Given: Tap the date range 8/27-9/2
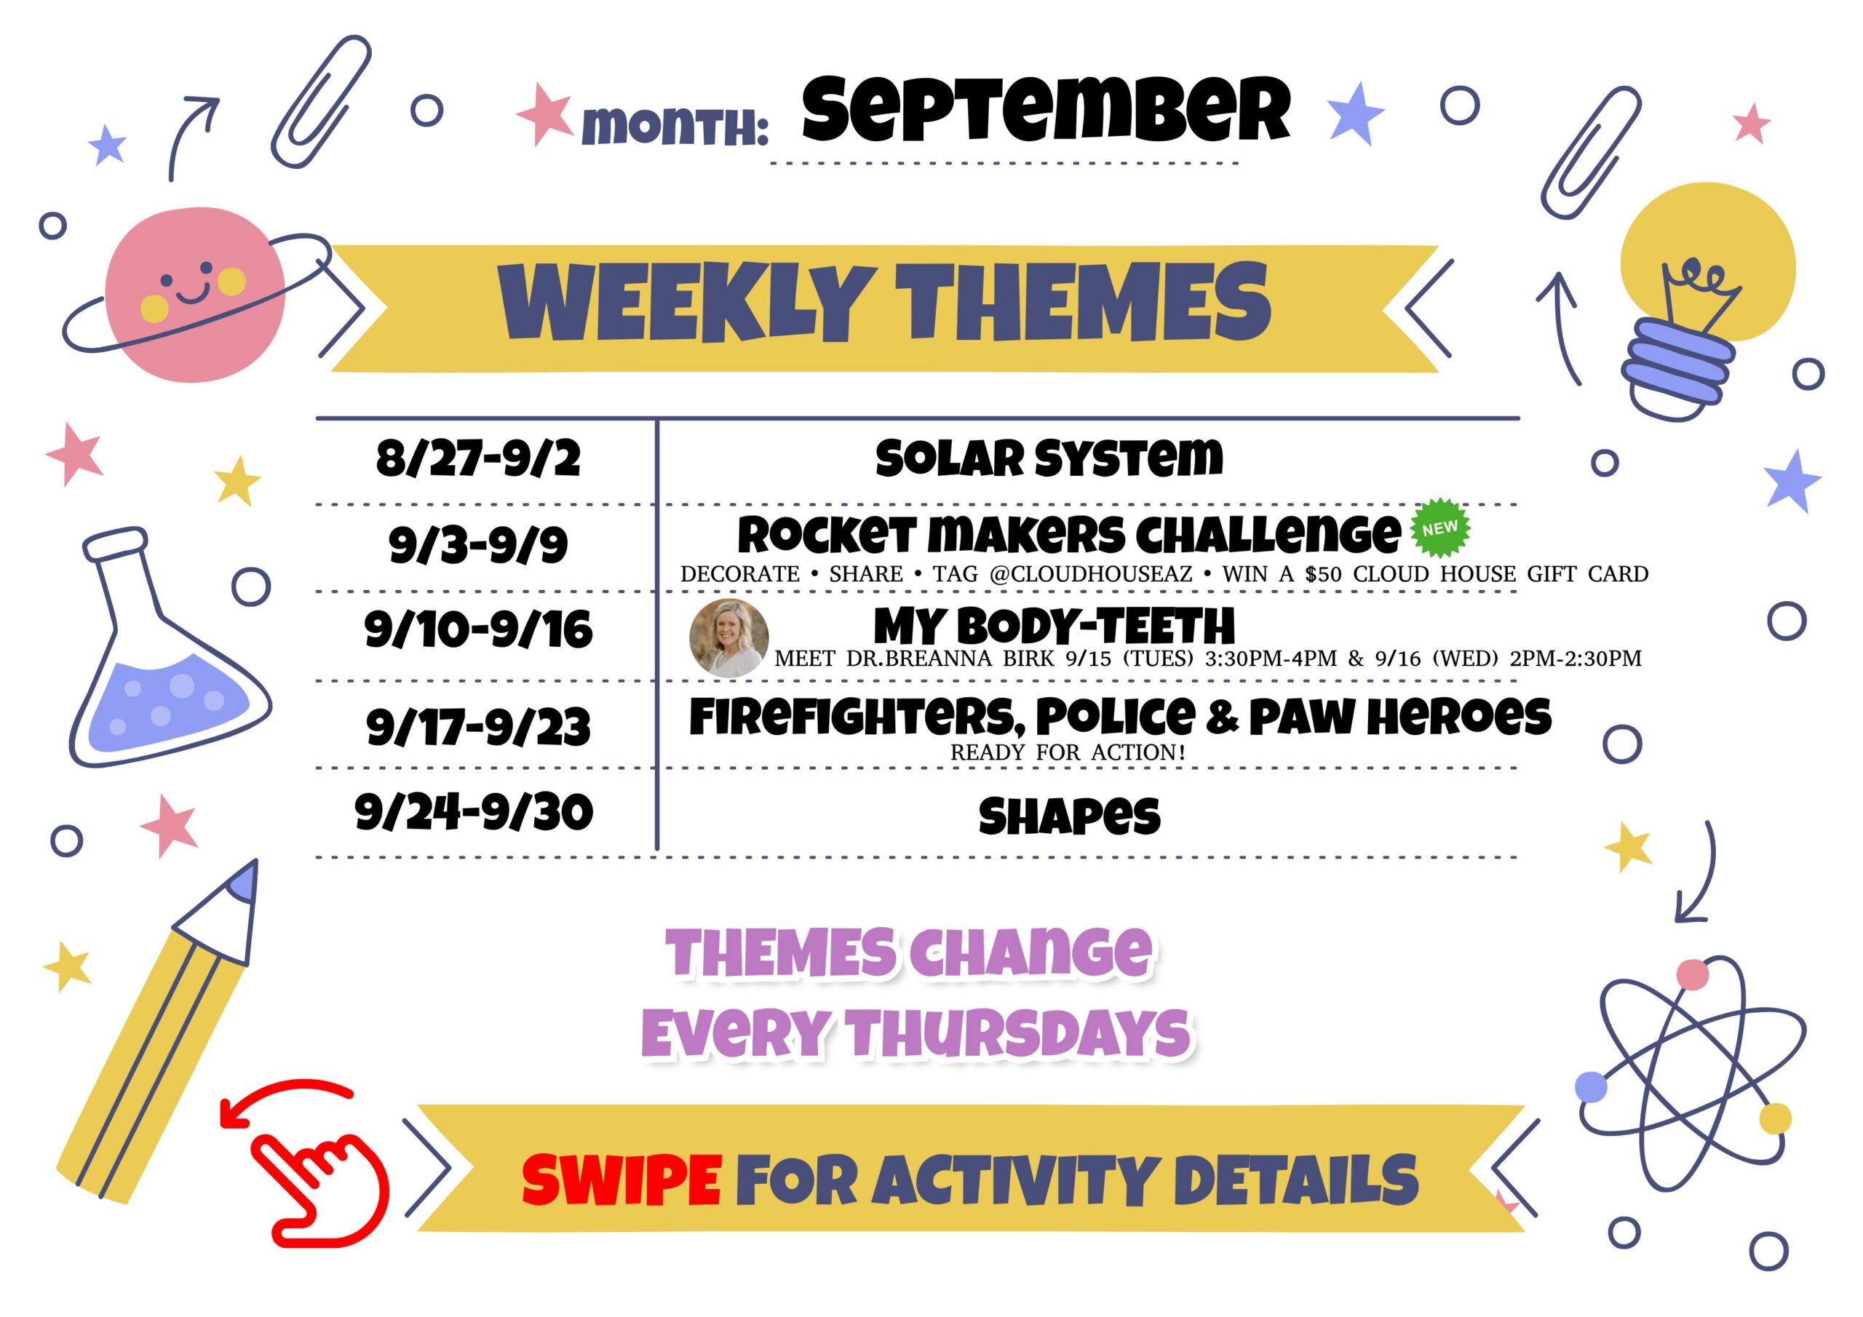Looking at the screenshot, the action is coord(478,458).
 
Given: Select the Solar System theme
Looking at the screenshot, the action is coord(1049,458).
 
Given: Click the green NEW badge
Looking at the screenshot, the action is coord(1440,528).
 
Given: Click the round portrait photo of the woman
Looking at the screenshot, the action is coord(728,639).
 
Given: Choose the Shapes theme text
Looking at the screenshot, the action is coord(1070,816).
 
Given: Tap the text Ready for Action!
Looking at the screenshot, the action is coord(1068,752).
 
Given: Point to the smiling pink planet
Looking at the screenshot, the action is coord(195,294).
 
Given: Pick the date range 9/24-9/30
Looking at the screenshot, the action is coord(474,812).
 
